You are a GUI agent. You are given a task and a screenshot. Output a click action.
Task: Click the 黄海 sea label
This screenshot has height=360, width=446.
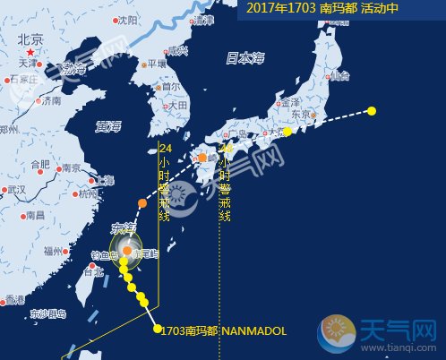point(109,127)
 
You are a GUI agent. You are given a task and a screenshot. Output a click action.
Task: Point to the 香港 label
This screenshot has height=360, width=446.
point(13,298)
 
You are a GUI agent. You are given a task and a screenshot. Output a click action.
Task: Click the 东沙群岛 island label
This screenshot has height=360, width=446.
point(47,313)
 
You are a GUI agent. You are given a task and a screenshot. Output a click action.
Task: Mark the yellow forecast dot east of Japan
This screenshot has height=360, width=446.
point(372,111)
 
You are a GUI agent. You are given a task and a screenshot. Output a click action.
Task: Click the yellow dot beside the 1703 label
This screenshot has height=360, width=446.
point(157,329)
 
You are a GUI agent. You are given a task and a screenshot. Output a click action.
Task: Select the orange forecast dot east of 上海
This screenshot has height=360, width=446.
point(142,203)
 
